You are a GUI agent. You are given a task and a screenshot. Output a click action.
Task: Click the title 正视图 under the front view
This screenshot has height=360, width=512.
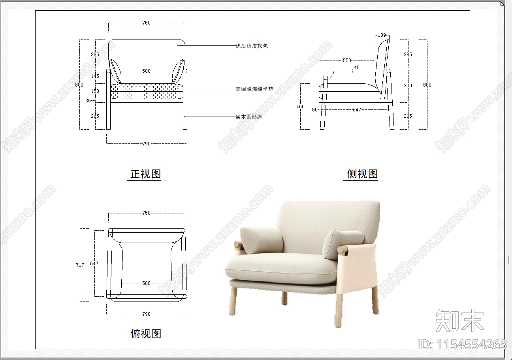click(146, 174)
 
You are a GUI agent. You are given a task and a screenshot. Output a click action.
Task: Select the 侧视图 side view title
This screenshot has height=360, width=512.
click(362, 174)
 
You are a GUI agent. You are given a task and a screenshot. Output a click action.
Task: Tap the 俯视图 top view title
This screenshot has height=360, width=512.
click(146, 334)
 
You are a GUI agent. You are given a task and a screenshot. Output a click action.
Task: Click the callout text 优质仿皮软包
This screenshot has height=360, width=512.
click(252, 46)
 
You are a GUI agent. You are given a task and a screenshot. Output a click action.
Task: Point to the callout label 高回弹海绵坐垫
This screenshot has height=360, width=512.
click(254, 89)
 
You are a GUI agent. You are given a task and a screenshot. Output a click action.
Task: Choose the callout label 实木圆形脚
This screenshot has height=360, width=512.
click(249, 117)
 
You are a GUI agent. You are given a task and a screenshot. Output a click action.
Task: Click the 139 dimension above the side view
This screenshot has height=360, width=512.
click(382, 35)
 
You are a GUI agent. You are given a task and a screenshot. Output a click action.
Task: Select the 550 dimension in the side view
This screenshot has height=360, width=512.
click(346, 60)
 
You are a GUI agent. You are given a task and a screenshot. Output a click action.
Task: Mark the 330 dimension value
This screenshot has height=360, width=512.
click(408, 86)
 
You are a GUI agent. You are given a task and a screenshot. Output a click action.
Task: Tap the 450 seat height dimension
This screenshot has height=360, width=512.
click(301, 106)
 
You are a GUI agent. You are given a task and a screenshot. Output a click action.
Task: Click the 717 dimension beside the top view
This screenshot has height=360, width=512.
click(80, 265)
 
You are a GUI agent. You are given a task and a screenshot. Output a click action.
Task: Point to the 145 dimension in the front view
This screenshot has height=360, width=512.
click(95, 76)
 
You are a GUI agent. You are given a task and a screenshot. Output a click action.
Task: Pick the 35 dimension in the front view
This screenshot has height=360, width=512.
click(88, 100)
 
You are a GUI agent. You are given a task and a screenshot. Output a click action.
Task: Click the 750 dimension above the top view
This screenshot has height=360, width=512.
click(146, 213)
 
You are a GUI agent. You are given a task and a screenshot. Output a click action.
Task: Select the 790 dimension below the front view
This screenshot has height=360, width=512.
click(146, 143)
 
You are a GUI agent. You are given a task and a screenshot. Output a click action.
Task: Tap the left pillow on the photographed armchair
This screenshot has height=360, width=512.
click(261, 241)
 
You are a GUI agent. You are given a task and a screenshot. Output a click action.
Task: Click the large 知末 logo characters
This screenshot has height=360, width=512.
click(459, 320)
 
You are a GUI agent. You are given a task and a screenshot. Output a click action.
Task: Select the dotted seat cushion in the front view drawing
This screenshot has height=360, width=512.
click(147, 91)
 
